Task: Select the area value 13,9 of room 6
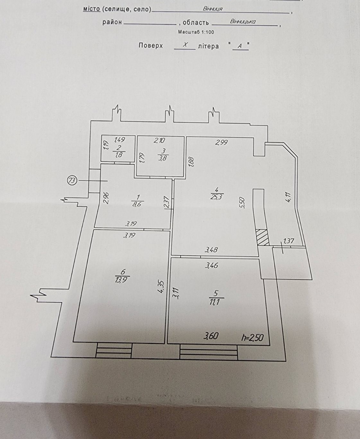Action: (122, 279)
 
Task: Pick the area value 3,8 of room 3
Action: (163, 158)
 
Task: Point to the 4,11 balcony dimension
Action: (288, 197)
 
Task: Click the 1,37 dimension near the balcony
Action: (288, 241)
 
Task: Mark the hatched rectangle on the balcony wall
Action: (262, 237)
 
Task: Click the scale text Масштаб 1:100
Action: (196, 32)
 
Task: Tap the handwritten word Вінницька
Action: (243, 22)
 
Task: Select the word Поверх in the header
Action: (151, 46)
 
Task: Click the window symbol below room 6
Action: (114, 350)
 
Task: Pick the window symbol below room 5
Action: (209, 352)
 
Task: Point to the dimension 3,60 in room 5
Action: (211, 336)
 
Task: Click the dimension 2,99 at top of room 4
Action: (222, 142)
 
